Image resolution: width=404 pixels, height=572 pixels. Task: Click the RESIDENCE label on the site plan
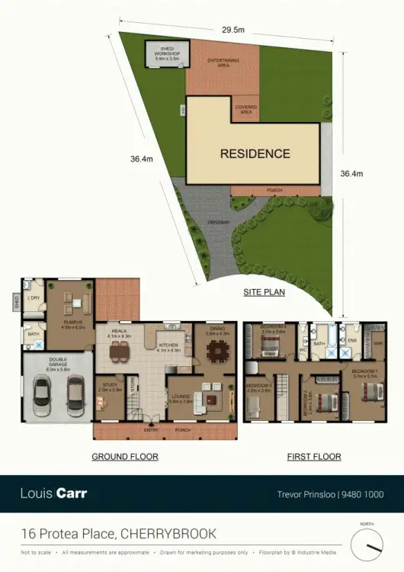click(255, 153)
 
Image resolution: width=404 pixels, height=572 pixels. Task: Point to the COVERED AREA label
click(245, 109)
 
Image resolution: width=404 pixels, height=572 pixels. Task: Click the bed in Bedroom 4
click(270, 349)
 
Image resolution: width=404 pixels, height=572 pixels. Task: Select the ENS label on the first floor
click(353, 340)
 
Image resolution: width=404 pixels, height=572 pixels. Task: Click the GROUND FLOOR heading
click(125, 457)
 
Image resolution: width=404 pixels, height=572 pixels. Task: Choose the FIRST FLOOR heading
click(313, 457)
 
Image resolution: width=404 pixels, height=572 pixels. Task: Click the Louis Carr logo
click(53, 493)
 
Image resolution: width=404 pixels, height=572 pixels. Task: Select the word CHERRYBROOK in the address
click(168, 533)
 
